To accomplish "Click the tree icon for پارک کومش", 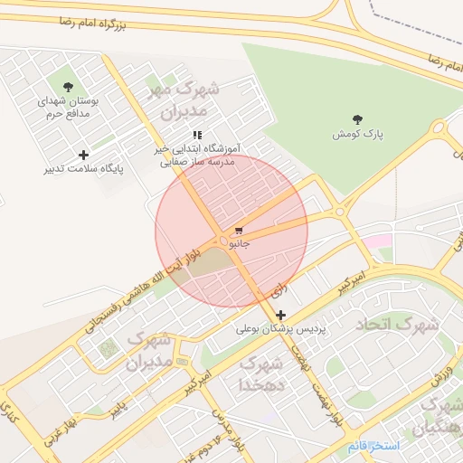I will click(x=357, y=118).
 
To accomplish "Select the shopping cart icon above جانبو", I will click(x=238, y=231).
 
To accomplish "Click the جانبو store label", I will click(x=239, y=243).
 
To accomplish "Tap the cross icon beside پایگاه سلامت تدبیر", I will click(x=84, y=155).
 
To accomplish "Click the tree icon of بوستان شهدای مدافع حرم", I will click(x=69, y=87).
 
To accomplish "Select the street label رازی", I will click(x=279, y=291).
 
